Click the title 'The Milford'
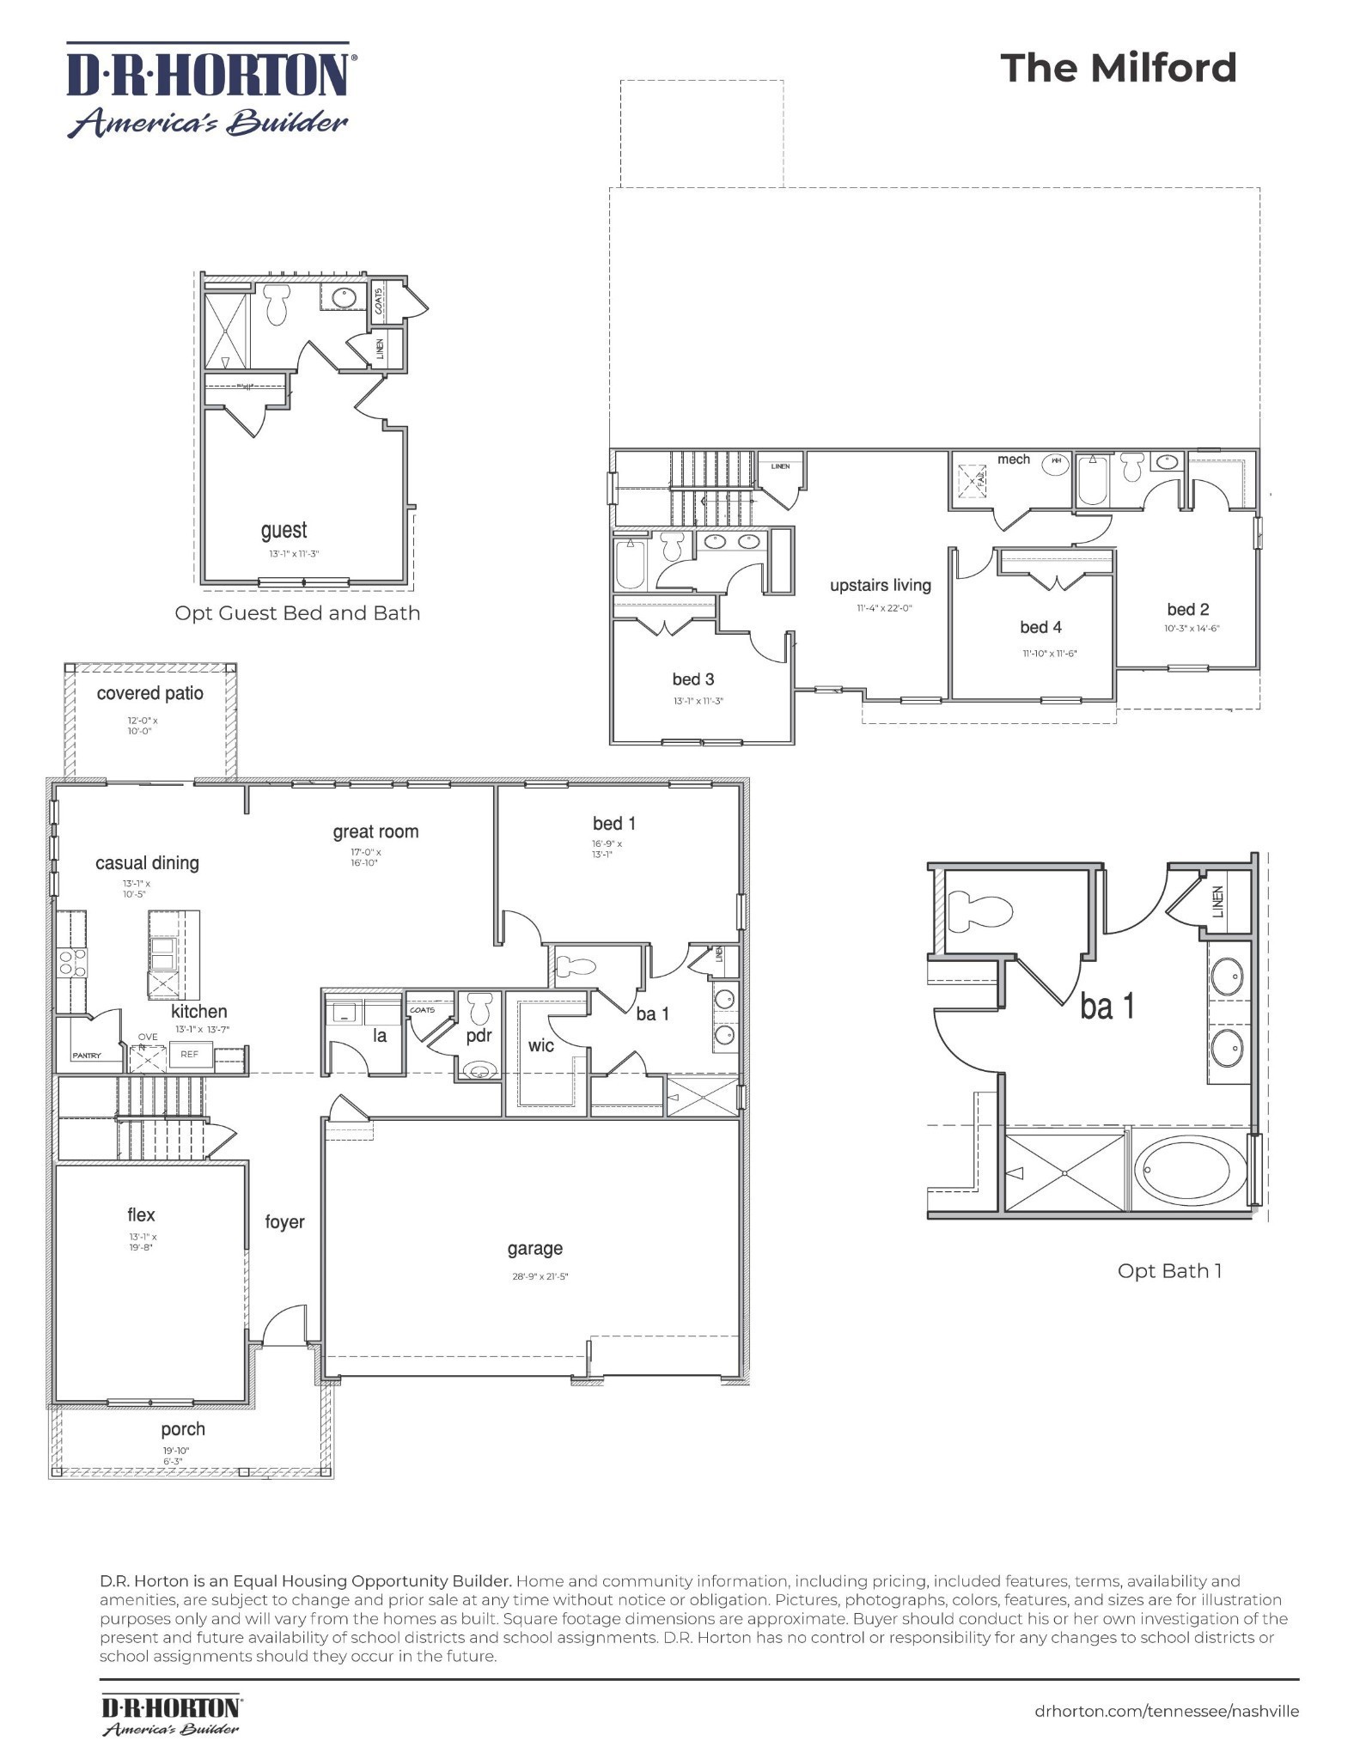[x=1118, y=68]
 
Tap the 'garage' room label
[x=534, y=1249]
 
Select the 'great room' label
[x=375, y=831]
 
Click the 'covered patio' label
[x=149, y=693]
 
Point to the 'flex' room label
[x=141, y=1214]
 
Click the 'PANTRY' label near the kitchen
[x=86, y=1056]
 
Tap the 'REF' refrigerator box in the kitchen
[x=189, y=1055]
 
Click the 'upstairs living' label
[x=880, y=585]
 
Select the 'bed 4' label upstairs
[x=1040, y=627]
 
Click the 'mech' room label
[x=1013, y=460]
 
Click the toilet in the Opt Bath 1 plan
[x=979, y=912]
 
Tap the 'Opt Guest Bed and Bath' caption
[x=297, y=613]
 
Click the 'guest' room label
[x=284, y=531]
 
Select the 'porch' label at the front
[x=183, y=1429]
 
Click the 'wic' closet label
[x=540, y=1045]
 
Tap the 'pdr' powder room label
[x=479, y=1036]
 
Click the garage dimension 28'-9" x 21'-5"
[x=540, y=1276]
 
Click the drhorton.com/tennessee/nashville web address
[x=1167, y=1711]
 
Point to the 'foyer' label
[x=284, y=1221]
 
